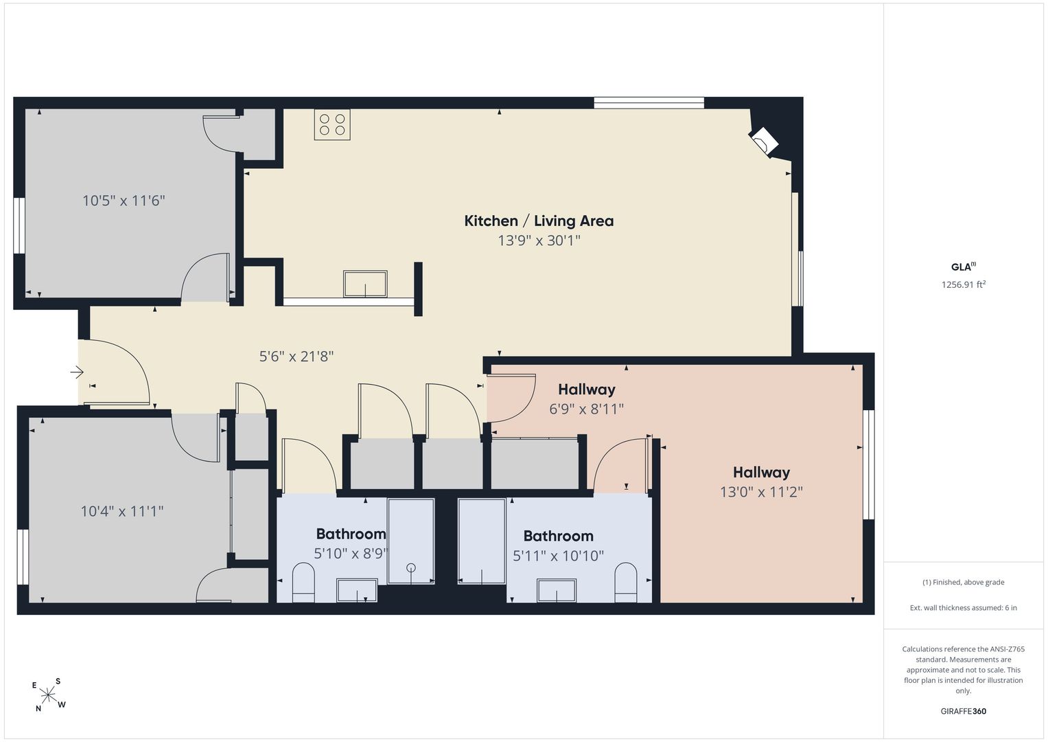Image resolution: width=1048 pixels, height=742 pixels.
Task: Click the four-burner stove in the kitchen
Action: (x=332, y=124)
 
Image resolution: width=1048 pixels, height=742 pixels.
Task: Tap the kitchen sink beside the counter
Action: (x=365, y=284)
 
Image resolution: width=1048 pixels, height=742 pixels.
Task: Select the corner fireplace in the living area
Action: (x=764, y=141)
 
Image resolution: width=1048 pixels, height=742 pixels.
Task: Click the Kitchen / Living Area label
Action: (x=539, y=221)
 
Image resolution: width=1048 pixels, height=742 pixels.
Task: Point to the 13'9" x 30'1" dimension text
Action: (x=539, y=240)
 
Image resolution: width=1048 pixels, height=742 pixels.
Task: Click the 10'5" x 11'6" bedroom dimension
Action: (x=124, y=201)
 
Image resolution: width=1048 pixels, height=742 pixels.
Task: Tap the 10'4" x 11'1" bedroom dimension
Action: (x=122, y=510)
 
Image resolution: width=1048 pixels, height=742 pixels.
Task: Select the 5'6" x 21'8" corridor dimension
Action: (x=296, y=357)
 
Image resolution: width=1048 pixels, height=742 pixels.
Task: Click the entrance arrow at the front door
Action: (x=77, y=372)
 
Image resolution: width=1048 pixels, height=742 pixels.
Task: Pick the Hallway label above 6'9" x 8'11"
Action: (x=587, y=390)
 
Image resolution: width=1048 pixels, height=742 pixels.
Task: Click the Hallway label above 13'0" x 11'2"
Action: (x=761, y=472)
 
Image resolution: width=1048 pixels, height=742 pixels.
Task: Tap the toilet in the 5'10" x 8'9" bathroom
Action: (x=303, y=583)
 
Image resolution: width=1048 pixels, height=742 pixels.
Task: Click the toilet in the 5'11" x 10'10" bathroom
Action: (x=625, y=583)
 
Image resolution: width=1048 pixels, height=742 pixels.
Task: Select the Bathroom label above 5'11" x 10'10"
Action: (x=558, y=536)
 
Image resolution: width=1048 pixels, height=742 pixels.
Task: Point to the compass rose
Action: (x=48, y=695)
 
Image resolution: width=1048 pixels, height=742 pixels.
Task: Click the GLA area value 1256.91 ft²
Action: (x=964, y=284)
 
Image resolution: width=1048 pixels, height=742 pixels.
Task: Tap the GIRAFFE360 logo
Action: (x=964, y=711)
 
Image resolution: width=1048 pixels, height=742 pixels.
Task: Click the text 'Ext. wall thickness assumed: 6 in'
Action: (x=964, y=607)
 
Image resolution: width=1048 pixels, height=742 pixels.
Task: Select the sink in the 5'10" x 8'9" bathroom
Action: (x=357, y=590)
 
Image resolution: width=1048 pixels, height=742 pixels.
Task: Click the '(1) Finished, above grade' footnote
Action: (x=964, y=583)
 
